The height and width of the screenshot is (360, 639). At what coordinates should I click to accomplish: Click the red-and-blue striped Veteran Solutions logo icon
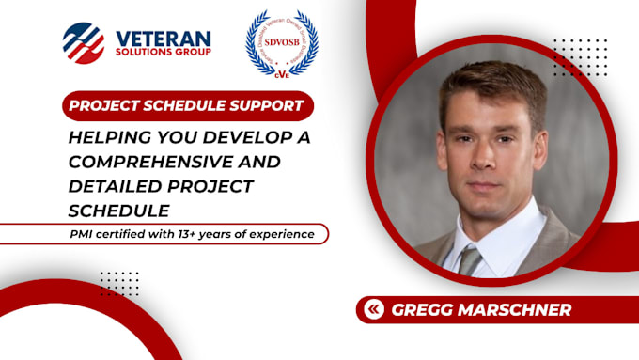pyautogui.click(x=84, y=41)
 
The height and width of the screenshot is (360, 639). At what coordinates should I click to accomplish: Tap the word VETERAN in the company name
pyautogui.click(x=163, y=37)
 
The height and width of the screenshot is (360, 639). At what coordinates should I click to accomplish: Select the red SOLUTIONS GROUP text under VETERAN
pyautogui.click(x=163, y=53)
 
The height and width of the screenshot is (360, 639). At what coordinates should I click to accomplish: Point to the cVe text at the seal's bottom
pyautogui.click(x=281, y=69)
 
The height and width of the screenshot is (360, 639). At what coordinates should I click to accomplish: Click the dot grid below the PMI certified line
pyautogui.click(x=119, y=282)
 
